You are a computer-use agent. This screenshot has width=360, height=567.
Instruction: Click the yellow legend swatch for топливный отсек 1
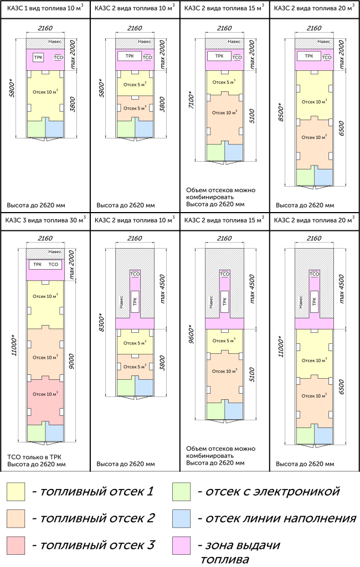(x=17, y=491)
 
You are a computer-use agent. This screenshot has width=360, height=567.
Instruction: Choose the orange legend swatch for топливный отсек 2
(x=17, y=518)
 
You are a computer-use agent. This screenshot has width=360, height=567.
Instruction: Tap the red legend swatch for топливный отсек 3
(x=17, y=545)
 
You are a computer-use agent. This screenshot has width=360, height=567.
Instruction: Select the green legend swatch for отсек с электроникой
(x=181, y=491)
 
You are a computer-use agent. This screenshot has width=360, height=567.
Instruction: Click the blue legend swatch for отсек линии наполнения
(x=181, y=518)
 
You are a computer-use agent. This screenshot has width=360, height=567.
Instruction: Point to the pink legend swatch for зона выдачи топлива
(x=181, y=545)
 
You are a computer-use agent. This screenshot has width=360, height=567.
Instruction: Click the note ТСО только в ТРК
(x=33, y=457)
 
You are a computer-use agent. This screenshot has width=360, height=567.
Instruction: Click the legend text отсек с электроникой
(x=271, y=491)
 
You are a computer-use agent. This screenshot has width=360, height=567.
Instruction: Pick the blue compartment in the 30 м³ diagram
(x=54, y=433)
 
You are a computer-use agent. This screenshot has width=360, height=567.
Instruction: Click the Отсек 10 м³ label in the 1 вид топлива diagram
(x=45, y=92)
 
